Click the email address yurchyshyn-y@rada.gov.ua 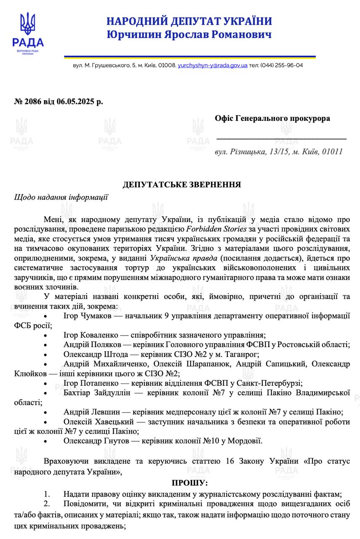[x=212, y=66]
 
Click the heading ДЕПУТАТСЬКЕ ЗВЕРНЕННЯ [x=181, y=184]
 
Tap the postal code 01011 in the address [x=333, y=152]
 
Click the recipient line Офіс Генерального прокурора [x=272, y=118]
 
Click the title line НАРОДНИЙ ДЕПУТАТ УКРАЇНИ [x=189, y=21]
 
